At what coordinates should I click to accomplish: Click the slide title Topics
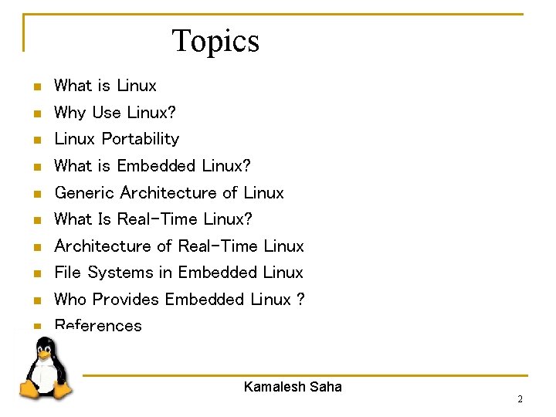(x=215, y=41)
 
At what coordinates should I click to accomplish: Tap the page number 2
(x=520, y=399)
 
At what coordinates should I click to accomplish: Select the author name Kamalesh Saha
(x=293, y=387)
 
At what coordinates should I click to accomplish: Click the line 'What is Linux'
(x=105, y=86)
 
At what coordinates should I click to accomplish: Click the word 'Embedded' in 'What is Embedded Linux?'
(x=157, y=166)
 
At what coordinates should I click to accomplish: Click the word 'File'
(x=68, y=273)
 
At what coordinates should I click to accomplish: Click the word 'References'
(x=98, y=326)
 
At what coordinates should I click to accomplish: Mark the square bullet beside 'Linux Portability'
(x=36, y=141)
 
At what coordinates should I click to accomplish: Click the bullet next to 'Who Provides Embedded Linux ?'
(x=36, y=300)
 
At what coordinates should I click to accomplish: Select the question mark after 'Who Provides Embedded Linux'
(x=300, y=300)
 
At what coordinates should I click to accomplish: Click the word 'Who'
(x=68, y=300)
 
